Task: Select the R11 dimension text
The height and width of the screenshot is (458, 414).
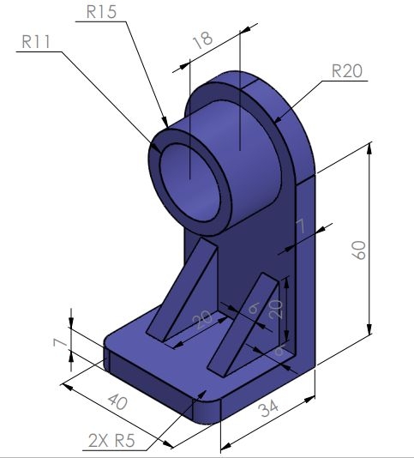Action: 37,41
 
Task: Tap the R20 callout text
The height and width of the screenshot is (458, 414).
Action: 347,71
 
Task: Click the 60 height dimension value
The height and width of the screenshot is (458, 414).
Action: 360,250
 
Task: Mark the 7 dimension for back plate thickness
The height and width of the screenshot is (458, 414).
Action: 299,226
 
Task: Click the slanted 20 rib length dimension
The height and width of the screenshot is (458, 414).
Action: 203,320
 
